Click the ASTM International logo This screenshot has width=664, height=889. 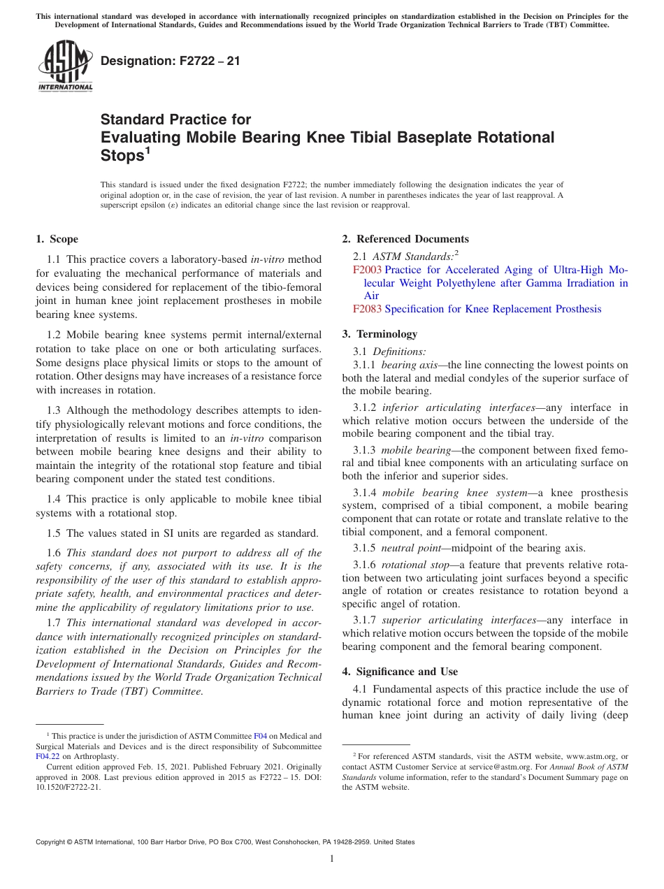click(64, 67)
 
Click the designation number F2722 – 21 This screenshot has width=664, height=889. click(171, 61)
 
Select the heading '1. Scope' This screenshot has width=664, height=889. click(57, 239)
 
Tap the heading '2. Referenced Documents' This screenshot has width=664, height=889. click(405, 239)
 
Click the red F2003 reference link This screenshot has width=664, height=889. click(367, 270)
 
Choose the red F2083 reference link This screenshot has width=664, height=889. click(367, 309)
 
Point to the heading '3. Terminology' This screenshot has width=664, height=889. click(387, 334)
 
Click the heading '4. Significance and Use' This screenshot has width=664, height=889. click(400, 672)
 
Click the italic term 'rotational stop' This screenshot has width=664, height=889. click(416, 565)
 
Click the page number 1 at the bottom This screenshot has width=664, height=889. click(332, 858)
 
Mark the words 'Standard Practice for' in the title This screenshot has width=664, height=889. click(175, 120)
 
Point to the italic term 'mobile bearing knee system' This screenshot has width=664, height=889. click(454, 493)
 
